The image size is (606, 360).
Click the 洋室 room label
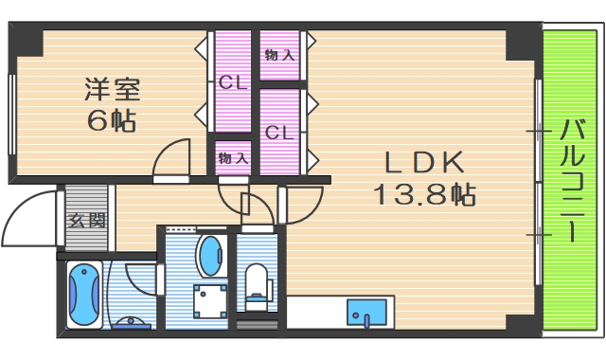tap(111, 90)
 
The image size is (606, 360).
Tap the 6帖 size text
tap(111, 121)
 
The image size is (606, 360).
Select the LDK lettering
tap(423, 162)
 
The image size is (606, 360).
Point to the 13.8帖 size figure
tap(422, 195)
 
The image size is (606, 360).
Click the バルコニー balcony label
tap(571, 180)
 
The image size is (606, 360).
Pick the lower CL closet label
tap(278, 133)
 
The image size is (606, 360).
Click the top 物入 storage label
tap(279, 55)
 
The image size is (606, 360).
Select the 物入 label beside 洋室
tap(233, 157)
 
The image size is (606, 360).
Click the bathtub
tap(84, 293)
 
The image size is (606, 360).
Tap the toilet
tap(256, 281)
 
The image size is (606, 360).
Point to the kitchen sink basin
tap(364, 312)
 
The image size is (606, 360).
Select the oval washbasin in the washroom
tap(210, 255)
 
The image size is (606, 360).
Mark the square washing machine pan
tap(210, 301)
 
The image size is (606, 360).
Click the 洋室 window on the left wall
tap(10, 114)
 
